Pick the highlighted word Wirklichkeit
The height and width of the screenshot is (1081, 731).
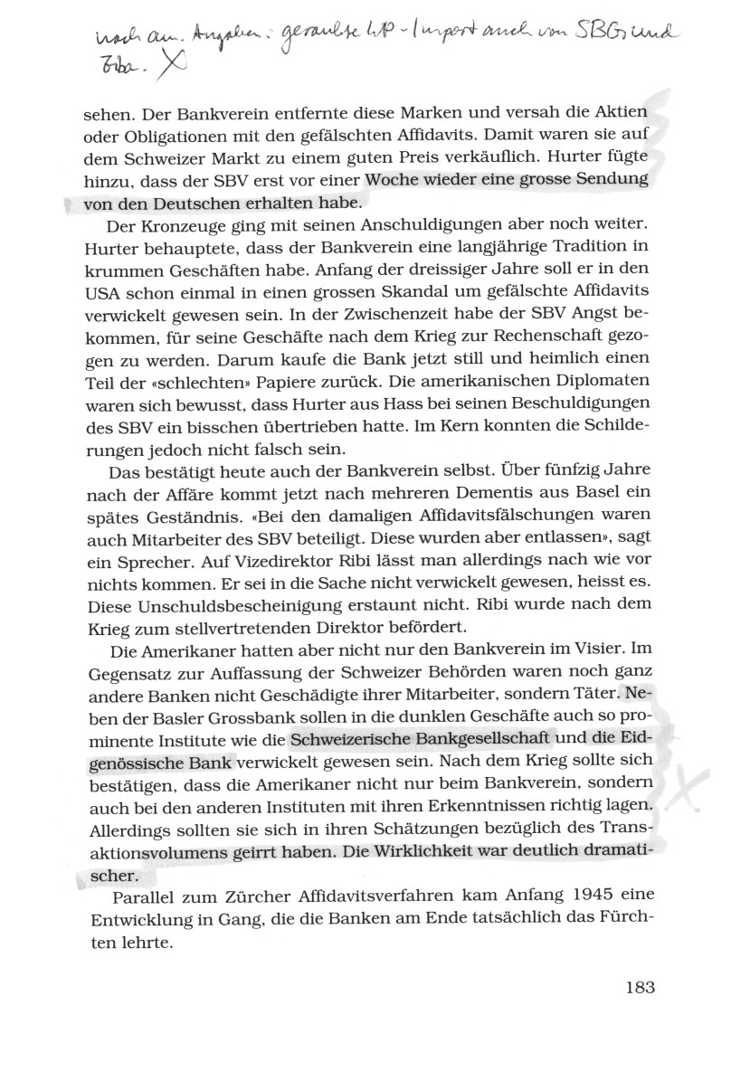(x=427, y=853)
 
